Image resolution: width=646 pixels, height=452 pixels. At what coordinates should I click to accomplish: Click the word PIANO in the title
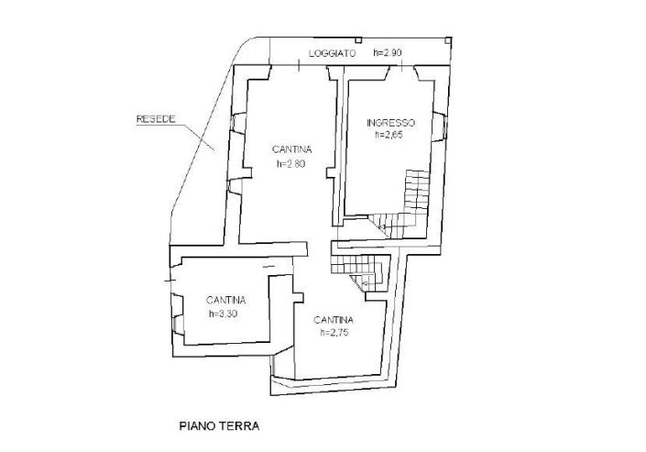tap(196, 425)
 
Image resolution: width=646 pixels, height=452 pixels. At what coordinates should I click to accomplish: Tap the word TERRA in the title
tap(239, 425)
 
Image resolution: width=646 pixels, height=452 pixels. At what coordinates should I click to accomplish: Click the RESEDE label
tap(155, 119)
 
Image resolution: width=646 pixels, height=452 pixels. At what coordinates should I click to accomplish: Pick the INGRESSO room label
tap(390, 123)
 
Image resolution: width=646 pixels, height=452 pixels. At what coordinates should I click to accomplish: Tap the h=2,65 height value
tap(389, 135)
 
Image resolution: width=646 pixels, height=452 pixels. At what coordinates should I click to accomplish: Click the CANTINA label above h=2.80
tap(292, 149)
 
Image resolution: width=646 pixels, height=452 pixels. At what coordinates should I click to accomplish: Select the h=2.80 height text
tap(290, 164)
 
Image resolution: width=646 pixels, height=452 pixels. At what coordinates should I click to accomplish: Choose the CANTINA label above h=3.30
tap(225, 300)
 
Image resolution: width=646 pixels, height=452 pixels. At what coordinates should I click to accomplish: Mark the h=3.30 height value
tap(224, 313)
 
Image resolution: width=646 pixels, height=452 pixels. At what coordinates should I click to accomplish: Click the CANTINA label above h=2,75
tap(334, 320)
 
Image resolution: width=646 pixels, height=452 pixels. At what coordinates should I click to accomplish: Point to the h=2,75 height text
tap(335, 333)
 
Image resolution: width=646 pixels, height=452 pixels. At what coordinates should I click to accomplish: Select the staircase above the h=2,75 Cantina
tap(359, 270)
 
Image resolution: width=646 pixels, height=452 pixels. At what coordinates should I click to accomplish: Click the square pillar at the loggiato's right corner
tap(448, 40)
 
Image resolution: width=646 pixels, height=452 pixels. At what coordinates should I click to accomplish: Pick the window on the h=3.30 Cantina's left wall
tap(176, 320)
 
